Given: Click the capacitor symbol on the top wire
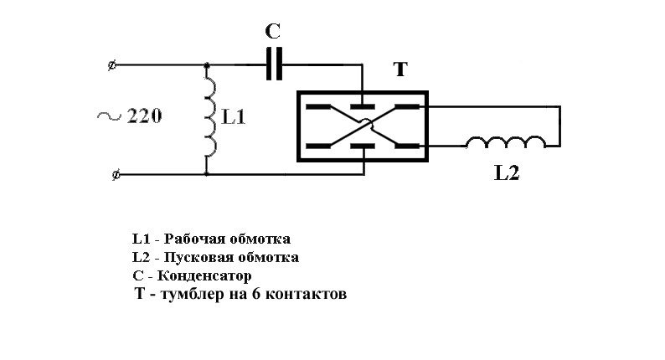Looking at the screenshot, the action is [275, 64].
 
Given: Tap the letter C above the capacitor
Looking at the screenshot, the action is [273, 31].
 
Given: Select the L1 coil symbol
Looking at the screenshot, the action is [210, 115].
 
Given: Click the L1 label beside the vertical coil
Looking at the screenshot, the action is [234, 116].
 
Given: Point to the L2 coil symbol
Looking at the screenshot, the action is [506, 142].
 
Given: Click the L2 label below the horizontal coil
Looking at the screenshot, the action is [507, 172].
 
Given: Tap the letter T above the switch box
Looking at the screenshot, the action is [401, 69].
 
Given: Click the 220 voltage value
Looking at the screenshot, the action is [144, 116].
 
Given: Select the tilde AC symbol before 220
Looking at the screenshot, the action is [109, 116].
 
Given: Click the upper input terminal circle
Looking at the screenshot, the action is [112, 65].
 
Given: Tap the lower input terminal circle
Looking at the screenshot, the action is [116, 174].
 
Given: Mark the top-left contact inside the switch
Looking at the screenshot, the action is [318, 106].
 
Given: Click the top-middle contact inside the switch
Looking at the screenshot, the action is [363, 106].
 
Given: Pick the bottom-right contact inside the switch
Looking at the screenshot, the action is [407, 146].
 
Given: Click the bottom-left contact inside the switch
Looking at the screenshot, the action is [318, 147].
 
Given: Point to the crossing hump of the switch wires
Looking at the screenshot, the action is [366, 123].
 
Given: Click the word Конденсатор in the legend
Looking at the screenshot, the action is [204, 275].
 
